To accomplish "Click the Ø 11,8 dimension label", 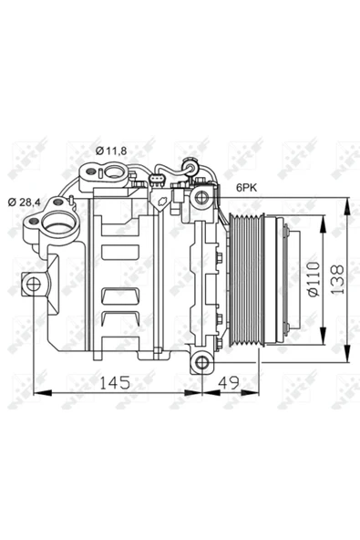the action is tap(111, 151).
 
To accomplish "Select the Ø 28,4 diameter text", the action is tap(24, 202).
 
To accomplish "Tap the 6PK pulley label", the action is tap(246, 188).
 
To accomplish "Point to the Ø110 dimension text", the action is tap(314, 279).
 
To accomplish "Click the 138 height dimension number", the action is tap(337, 279).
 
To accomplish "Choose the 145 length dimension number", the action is tap(115, 382).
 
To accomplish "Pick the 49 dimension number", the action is tap(229, 382).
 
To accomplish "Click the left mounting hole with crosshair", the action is tap(34, 284).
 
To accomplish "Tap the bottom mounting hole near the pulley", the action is tap(202, 363).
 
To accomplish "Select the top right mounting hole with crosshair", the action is tap(201, 197).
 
